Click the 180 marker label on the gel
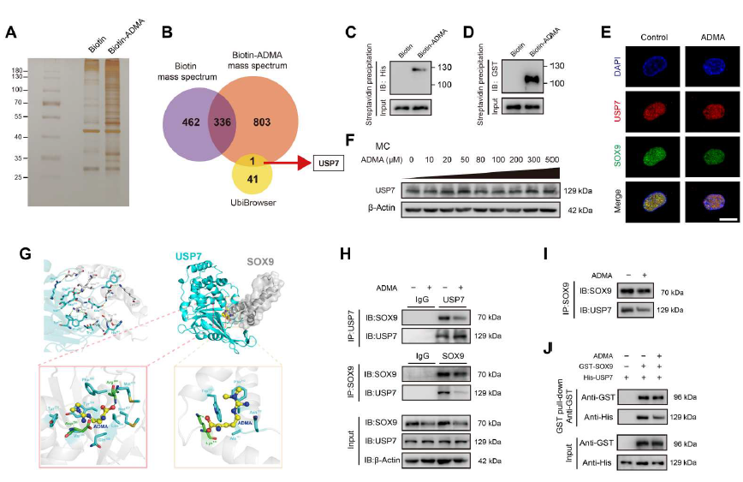coord(16,70)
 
